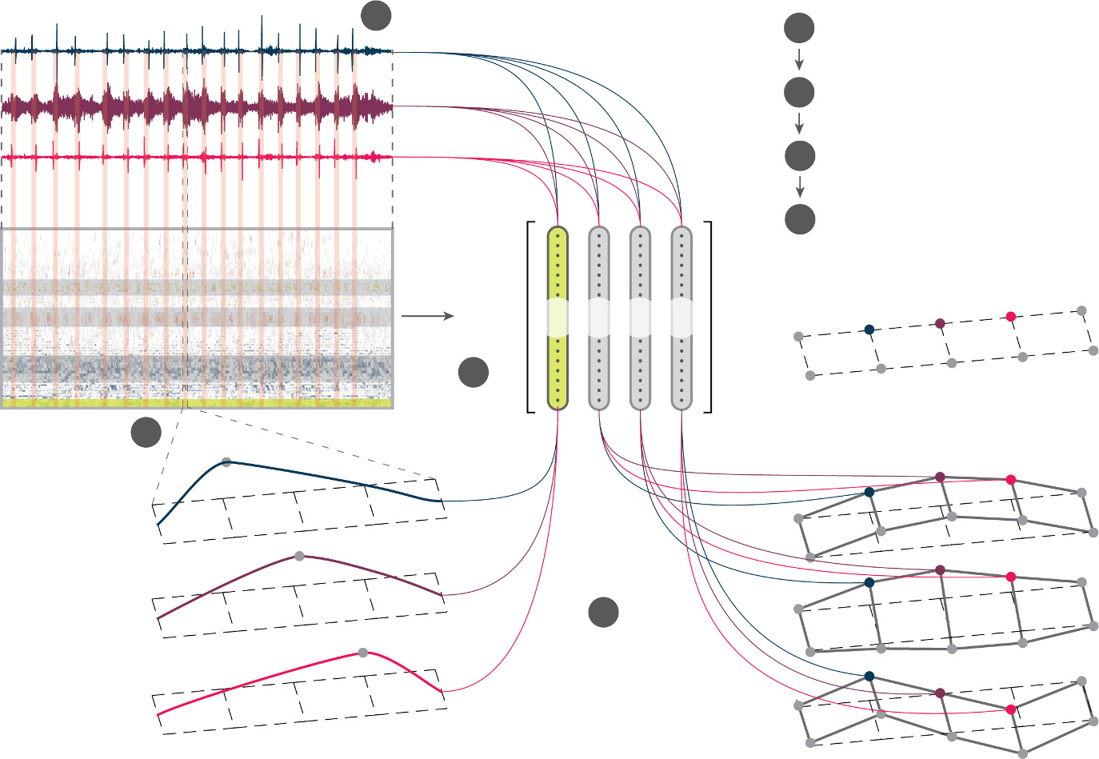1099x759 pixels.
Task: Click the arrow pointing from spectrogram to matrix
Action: point(427,316)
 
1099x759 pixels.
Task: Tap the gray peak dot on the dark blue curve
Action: point(226,462)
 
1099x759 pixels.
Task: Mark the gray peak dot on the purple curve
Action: point(299,557)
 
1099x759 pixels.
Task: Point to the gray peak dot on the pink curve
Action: point(363,653)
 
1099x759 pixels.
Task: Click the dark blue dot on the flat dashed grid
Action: point(869,329)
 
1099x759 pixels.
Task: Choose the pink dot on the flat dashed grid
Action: point(1011,317)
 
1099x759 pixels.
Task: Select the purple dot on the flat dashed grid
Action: point(940,323)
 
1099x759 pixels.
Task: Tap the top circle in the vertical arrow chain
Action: point(799,29)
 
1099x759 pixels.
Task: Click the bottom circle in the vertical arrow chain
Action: point(800,219)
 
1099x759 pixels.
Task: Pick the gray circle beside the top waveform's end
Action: point(376,16)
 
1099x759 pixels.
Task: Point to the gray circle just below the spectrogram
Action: point(146,432)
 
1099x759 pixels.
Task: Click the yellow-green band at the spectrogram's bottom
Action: point(197,404)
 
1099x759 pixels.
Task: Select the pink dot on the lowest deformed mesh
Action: point(1011,709)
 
